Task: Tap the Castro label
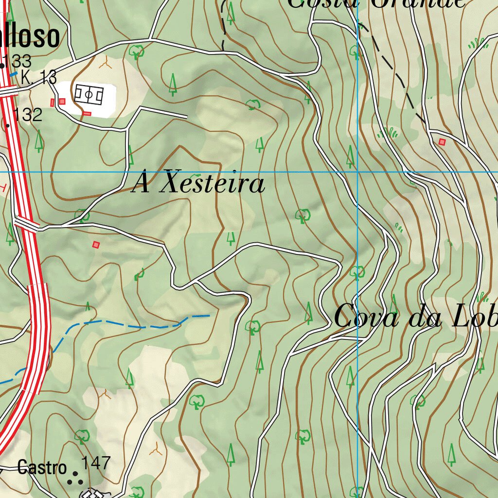[42, 468]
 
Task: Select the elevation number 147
[96, 462]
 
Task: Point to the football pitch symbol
[89, 95]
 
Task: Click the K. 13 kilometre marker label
[39, 77]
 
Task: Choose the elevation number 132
[28, 115]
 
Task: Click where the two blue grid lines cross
[358, 172]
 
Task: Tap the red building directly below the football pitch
[87, 113]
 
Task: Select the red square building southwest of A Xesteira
[96, 245]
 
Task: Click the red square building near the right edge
[442, 142]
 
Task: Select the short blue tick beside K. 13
[14, 74]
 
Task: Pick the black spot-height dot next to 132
[7, 125]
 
